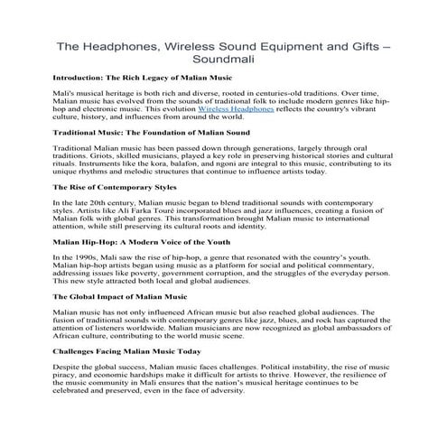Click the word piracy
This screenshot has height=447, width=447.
point(66,380)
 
